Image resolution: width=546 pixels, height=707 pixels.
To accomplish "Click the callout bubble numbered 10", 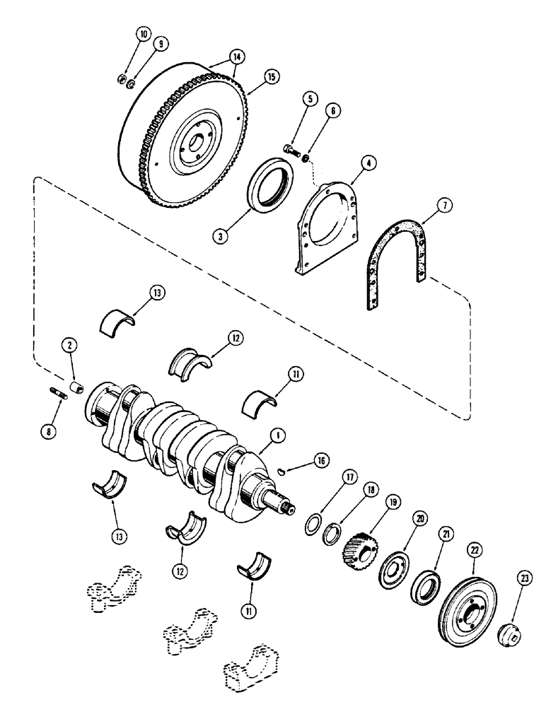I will click(x=144, y=32).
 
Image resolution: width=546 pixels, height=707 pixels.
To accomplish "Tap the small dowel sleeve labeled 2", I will click(x=79, y=388).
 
